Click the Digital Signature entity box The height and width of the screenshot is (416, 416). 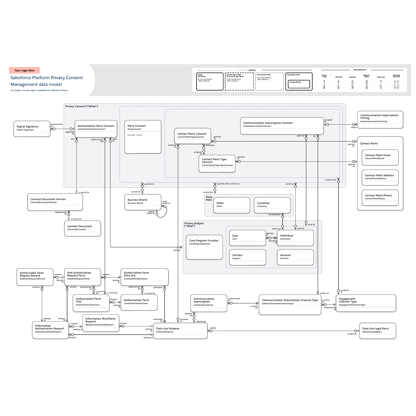pos(32,128)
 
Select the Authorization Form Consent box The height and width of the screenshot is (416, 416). pos(96,128)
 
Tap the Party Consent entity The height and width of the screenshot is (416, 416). pos(143,137)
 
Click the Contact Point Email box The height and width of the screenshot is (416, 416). pos(380,157)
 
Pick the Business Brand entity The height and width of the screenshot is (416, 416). pos(143,202)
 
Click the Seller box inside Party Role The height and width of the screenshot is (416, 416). pos(231,205)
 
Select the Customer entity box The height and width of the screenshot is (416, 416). pos(272,205)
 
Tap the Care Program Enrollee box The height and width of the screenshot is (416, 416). pos(204,247)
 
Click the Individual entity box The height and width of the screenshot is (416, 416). pos(295,238)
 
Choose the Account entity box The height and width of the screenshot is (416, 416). pos(295,257)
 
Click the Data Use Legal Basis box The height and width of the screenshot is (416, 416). pos(377,331)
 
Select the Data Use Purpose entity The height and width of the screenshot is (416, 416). pos(180,331)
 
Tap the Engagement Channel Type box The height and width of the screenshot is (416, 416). pos(366,303)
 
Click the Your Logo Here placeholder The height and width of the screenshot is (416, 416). pos(24,70)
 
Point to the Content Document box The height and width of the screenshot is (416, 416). pos(82,228)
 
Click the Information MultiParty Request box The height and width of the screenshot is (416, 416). pos(101,323)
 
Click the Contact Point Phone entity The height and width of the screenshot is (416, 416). pos(380,198)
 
